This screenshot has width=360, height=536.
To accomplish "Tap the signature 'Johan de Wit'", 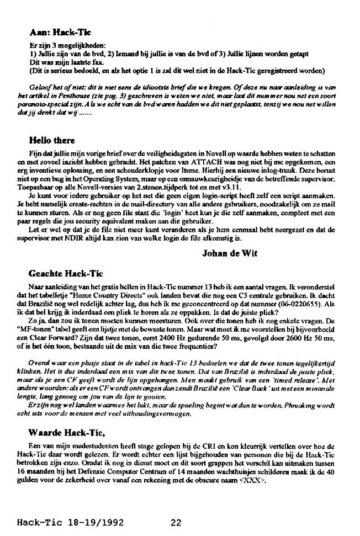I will coord(230,253).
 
